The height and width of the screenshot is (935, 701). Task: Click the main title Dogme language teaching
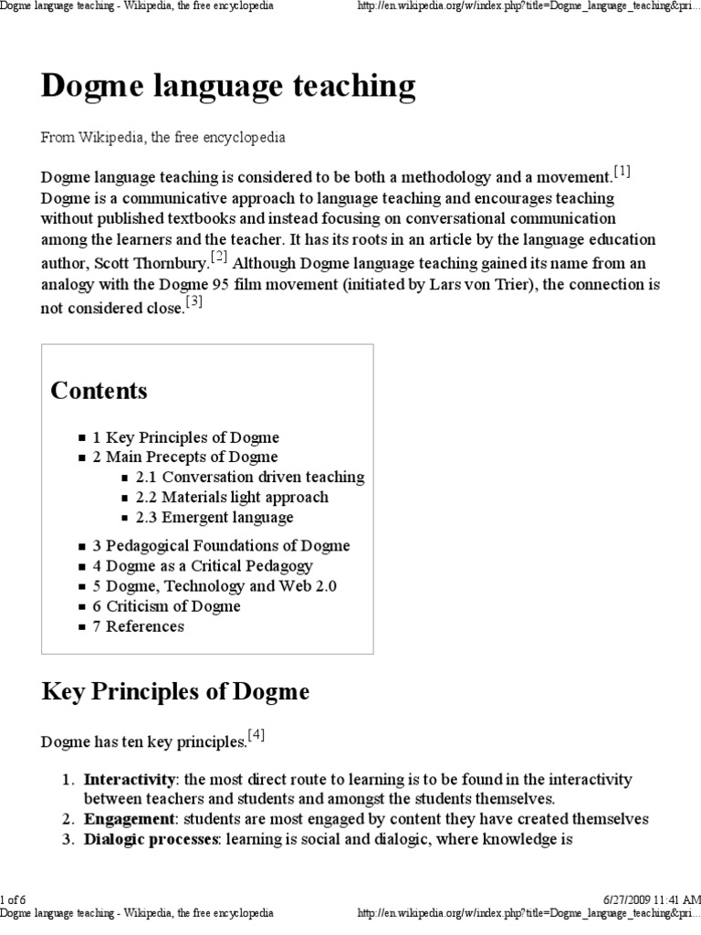[228, 87]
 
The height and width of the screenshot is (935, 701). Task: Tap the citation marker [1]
[622, 172]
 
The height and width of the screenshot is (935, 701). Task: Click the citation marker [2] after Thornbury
[219, 257]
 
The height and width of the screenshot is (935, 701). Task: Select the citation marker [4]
[256, 735]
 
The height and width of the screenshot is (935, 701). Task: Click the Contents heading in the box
[99, 391]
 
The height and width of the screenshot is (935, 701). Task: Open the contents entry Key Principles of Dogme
[185, 437]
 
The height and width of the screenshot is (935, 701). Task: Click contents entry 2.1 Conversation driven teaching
[249, 478]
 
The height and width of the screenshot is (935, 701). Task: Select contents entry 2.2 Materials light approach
[232, 498]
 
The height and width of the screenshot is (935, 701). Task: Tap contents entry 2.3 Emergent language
[214, 518]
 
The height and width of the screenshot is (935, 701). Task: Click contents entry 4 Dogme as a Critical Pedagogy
[203, 566]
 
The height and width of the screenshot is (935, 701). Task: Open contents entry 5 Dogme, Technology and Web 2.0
[214, 586]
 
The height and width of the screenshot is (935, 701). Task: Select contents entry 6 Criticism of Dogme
[166, 606]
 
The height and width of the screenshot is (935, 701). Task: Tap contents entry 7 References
[138, 626]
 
